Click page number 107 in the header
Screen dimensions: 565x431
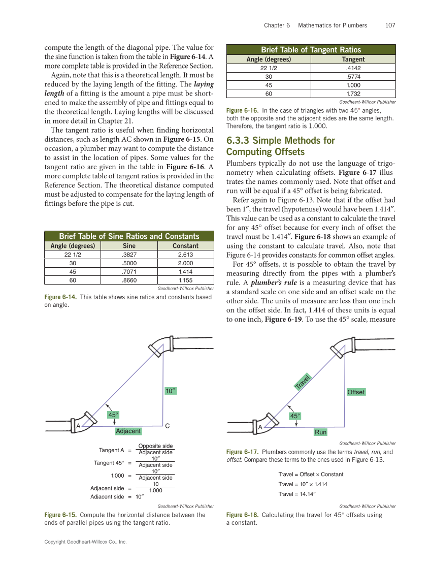(x=390, y=25)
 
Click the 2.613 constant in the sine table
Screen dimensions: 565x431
(x=185, y=254)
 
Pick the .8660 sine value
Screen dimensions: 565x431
(x=129, y=280)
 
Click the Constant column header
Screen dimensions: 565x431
(x=185, y=245)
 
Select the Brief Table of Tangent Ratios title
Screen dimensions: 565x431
(x=311, y=50)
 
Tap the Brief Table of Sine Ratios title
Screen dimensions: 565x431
(x=129, y=236)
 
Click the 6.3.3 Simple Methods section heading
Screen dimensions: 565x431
(x=280, y=146)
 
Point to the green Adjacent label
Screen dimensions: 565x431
(x=128, y=431)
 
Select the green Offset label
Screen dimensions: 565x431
(x=356, y=392)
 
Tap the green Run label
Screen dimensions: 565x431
(x=320, y=432)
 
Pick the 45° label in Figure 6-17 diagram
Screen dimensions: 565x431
(x=295, y=416)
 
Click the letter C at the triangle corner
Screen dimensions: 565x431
(x=167, y=425)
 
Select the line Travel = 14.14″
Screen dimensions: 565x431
(x=297, y=494)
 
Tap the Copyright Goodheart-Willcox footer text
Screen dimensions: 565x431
(x=85, y=542)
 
